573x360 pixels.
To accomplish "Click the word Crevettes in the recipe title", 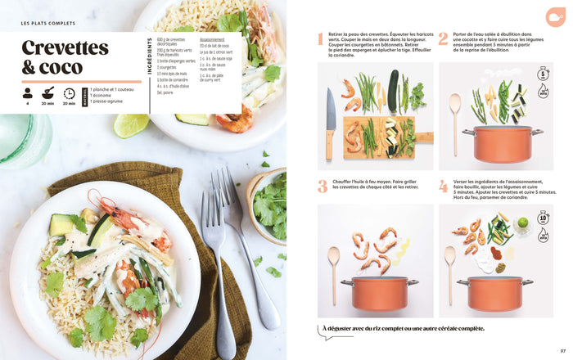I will pos(65,47).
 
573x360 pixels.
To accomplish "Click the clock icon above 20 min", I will pos(70,93).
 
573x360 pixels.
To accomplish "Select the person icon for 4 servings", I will pos(28,93).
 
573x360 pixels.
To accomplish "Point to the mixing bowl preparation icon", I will pos(48,93).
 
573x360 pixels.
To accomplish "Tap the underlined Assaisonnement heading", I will pos(212,39).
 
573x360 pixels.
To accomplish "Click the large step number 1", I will pos(322,39).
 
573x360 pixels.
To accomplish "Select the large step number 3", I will pos(322,186).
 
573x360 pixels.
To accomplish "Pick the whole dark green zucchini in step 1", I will pos(392,90).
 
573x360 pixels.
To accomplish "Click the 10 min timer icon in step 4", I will pos(544,221).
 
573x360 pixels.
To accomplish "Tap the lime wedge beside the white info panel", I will pos(130,125).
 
